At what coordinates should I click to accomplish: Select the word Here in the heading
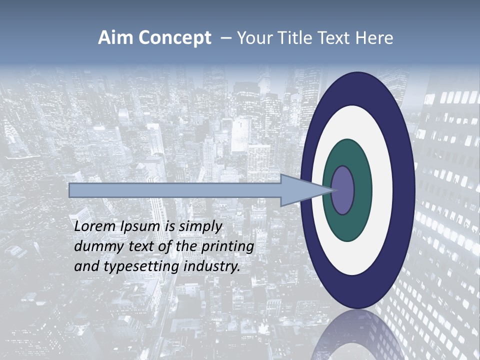(x=375, y=38)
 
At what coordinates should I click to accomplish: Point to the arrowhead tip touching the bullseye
(x=332, y=190)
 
